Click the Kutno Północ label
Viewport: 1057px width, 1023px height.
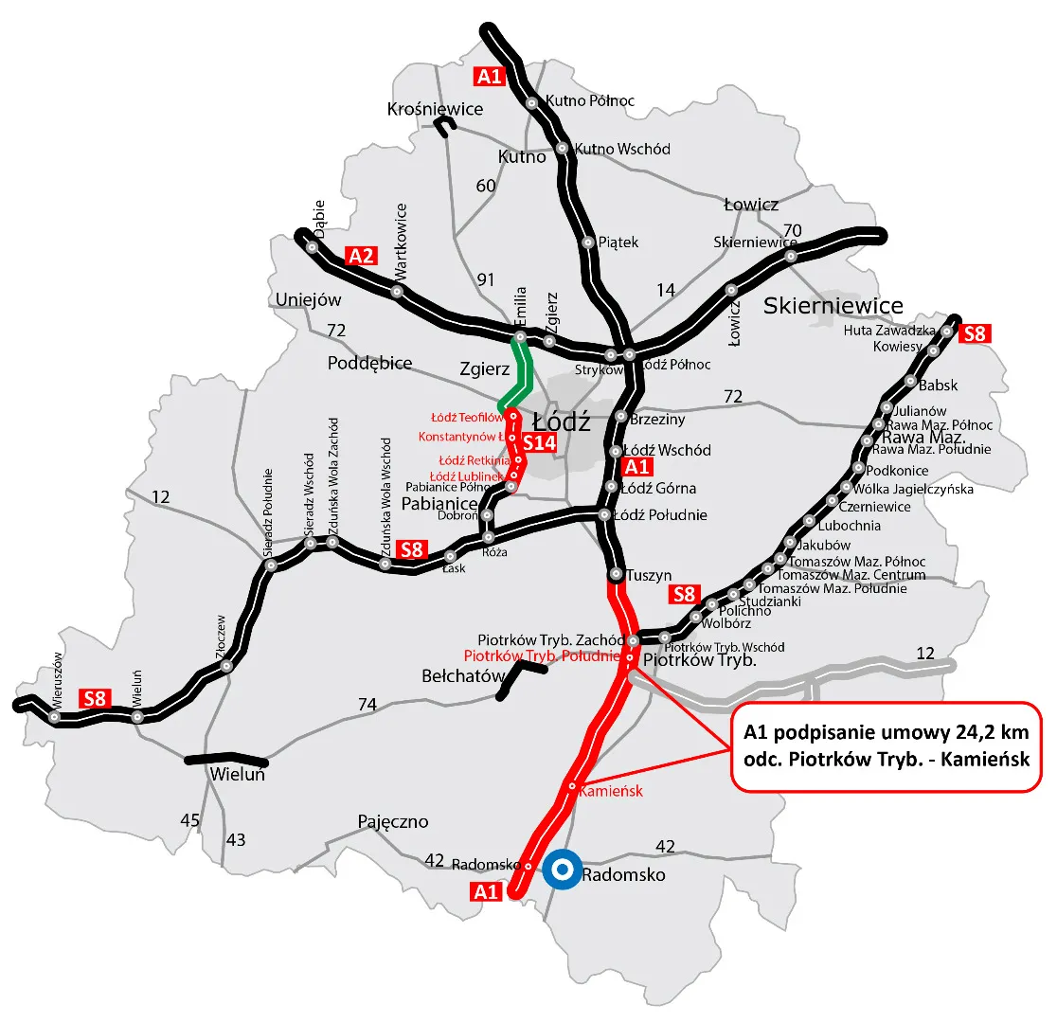[x=591, y=100]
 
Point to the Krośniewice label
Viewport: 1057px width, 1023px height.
[x=435, y=109]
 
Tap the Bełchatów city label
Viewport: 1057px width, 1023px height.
[x=461, y=676]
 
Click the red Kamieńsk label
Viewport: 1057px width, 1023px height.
[x=611, y=790]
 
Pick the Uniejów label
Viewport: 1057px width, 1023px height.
[x=307, y=300]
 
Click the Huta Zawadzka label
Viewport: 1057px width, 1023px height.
[x=889, y=331]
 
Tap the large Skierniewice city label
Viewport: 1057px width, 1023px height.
[x=833, y=305]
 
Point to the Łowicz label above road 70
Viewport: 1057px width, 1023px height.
[x=750, y=205]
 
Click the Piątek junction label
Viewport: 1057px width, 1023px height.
[x=618, y=242]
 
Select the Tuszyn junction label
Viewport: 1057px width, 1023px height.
[x=649, y=575]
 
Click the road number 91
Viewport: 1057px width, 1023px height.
[x=486, y=279]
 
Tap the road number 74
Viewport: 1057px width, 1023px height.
[x=367, y=704]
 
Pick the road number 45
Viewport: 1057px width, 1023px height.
[x=190, y=819]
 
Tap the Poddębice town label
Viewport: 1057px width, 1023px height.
[x=370, y=363]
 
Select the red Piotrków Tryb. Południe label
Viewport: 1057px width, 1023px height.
[x=541, y=655]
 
